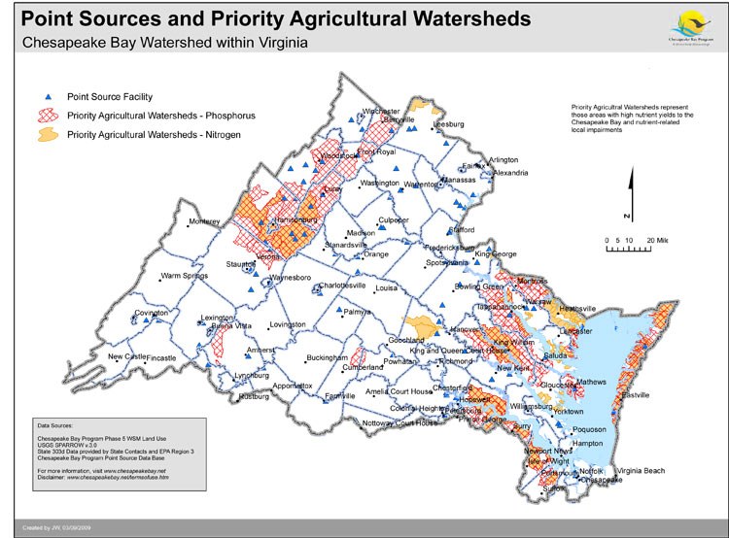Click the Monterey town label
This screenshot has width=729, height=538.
(204, 221)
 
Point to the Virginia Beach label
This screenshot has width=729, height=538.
(639, 471)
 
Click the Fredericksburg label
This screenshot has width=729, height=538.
(455, 248)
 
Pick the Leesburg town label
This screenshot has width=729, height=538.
(447, 125)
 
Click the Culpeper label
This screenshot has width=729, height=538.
(393, 220)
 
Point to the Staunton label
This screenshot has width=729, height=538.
(241, 263)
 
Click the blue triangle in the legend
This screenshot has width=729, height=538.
(48, 97)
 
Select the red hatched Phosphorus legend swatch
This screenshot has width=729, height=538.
(47, 116)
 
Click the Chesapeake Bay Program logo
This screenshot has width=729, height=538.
(682, 23)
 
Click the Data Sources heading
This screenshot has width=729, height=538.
(57, 425)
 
